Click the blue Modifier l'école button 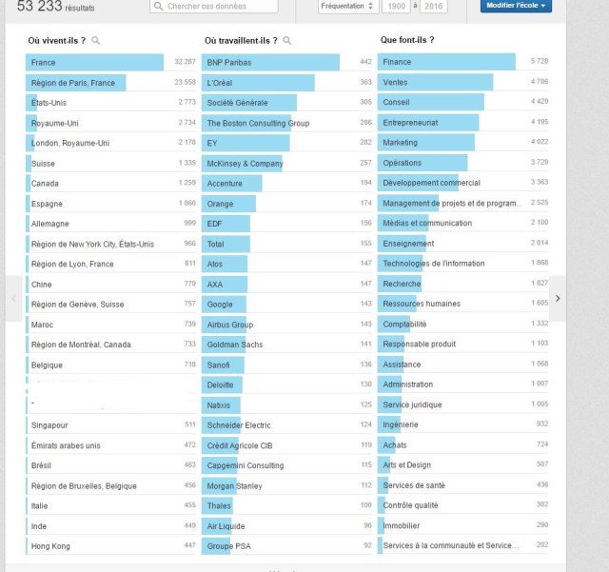(x=515, y=6)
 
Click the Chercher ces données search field (x=214, y=7)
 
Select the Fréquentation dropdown (x=346, y=7)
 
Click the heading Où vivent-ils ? (x=57, y=40)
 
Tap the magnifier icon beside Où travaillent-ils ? (x=287, y=41)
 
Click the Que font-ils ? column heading (x=407, y=40)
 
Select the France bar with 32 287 (x=95, y=62)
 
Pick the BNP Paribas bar (x=271, y=62)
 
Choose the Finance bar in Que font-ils (x=447, y=62)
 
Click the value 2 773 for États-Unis (x=186, y=103)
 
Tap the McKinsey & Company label (x=245, y=163)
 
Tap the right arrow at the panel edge (x=558, y=298)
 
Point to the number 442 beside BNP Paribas (x=365, y=62)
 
